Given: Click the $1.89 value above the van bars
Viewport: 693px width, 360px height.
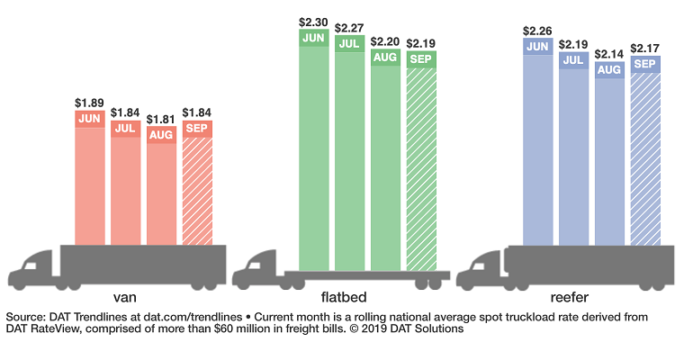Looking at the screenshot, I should click(x=90, y=103).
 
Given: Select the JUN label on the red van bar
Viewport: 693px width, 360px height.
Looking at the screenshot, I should click(x=90, y=119).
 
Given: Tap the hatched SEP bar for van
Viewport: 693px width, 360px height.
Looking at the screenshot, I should click(x=198, y=189).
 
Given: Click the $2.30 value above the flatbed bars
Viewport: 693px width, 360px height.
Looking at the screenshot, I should click(x=314, y=20).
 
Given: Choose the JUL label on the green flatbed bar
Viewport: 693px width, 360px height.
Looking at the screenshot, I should click(x=350, y=44).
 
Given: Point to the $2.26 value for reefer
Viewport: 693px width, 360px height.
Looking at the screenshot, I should click(x=537, y=29).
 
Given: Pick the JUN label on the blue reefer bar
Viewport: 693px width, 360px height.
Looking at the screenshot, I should click(x=537, y=45).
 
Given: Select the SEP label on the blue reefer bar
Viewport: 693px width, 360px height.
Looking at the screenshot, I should click(x=645, y=64).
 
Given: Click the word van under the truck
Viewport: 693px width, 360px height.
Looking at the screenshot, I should click(x=125, y=296).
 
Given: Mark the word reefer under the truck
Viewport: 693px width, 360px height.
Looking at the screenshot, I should click(x=573, y=296).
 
